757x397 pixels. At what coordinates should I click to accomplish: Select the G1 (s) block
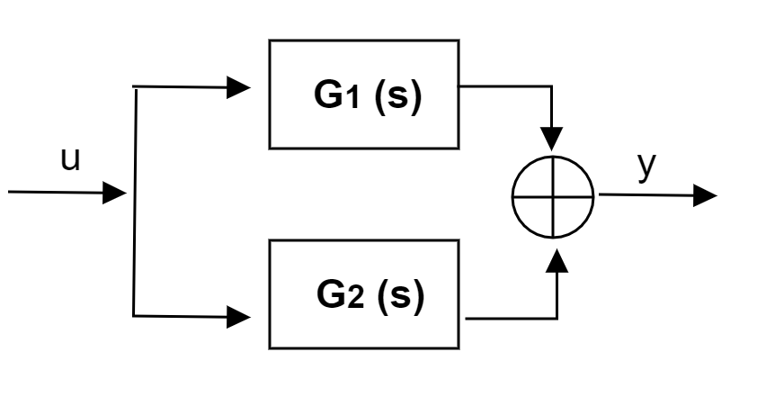[364, 94]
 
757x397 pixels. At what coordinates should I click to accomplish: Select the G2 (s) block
[364, 294]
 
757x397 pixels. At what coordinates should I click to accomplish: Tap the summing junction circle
[553, 195]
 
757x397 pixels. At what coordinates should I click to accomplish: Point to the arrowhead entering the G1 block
[239, 87]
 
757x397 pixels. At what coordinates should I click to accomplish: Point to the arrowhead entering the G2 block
[239, 316]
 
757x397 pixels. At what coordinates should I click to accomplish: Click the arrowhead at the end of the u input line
[115, 192]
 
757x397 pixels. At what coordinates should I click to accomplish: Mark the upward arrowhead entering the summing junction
[557, 258]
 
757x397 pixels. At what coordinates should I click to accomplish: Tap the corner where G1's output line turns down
[553, 87]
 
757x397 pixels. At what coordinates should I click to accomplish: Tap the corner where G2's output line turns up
[557, 318]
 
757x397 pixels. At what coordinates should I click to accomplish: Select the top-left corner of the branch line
[134, 88]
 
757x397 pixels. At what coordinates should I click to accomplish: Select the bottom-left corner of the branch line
[134, 316]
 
